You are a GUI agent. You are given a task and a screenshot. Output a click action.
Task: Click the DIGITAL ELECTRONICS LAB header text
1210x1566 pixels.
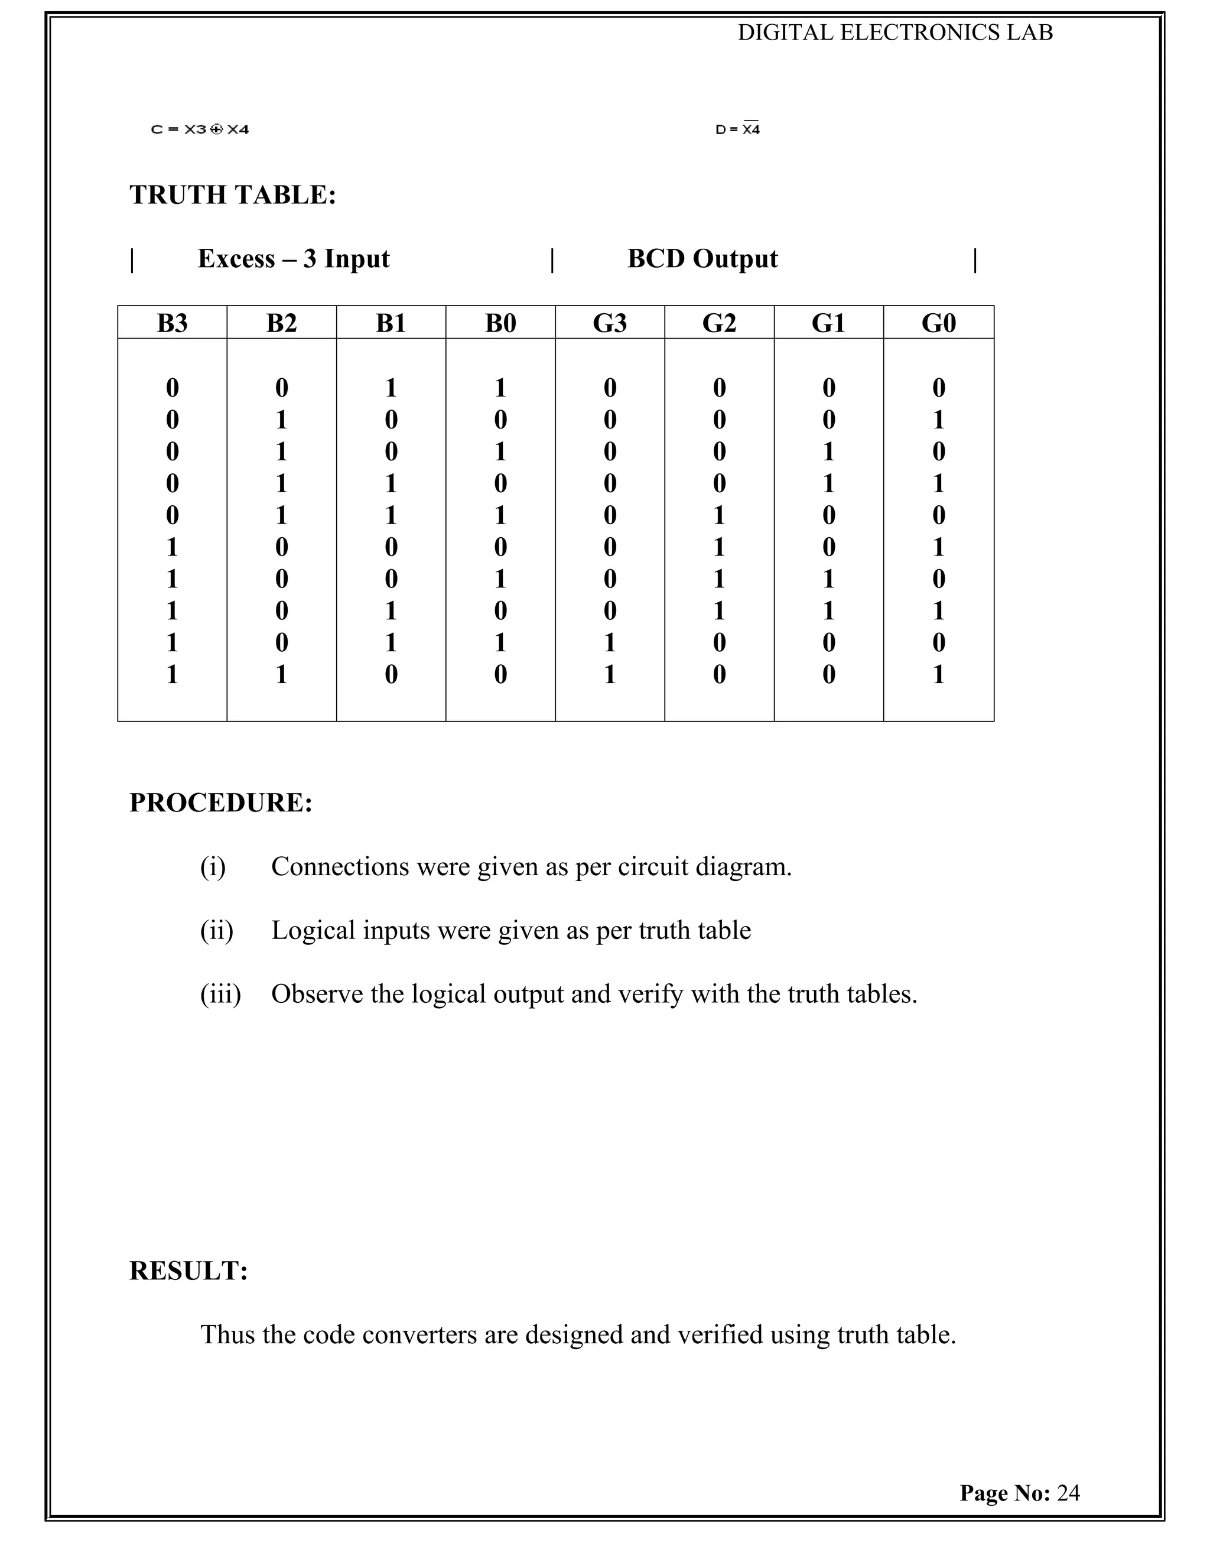[895, 33]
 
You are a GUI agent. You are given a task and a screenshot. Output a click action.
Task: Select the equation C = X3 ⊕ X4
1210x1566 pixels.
[200, 130]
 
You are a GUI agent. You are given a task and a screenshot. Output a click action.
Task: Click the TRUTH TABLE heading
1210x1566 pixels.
[232, 195]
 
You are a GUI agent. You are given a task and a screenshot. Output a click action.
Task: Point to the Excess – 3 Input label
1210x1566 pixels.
[293, 259]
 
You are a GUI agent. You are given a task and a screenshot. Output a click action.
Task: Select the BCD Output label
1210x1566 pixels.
[702, 259]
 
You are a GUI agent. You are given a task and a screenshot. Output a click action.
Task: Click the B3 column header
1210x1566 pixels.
[172, 323]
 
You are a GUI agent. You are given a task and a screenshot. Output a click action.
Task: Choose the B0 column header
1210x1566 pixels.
[500, 323]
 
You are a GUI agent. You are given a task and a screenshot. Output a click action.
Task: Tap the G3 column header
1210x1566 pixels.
[609, 323]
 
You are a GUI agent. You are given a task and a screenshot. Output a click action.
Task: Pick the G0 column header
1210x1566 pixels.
[938, 323]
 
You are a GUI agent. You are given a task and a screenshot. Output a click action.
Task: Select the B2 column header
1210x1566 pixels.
[281, 323]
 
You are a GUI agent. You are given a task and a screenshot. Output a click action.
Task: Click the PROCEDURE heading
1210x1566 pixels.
[221, 803]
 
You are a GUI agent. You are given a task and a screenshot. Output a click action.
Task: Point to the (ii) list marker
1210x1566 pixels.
[216, 931]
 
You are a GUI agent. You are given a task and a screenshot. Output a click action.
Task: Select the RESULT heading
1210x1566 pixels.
[188, 1271]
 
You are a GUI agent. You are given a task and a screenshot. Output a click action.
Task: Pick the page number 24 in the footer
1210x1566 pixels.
[1068, 1493]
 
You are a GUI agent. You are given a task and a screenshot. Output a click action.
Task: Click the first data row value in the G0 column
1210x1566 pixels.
[938, 388]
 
